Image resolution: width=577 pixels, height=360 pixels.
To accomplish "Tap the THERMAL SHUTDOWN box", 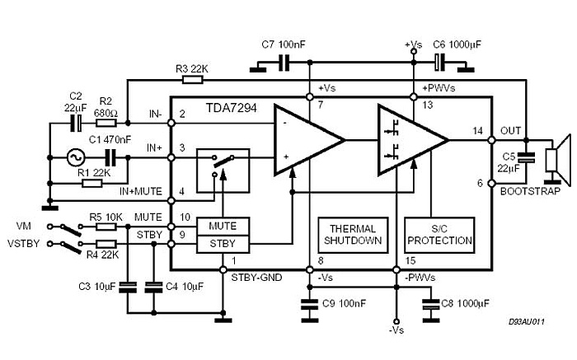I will coord(352,235).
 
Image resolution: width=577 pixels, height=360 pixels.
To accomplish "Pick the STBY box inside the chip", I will coord(223,244).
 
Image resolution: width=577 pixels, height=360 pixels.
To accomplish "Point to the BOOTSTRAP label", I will coord(529,191).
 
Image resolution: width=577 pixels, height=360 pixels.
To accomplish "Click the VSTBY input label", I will coord(23,244).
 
